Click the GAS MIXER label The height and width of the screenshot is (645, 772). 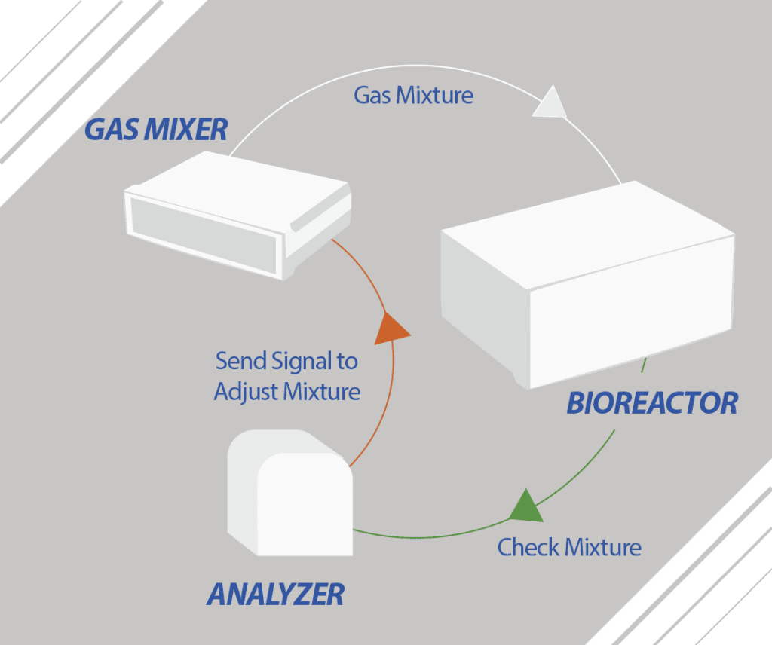(x=155, y=129)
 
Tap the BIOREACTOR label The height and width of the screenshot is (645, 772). (x=652, y=403)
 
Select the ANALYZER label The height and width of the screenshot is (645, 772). (x=275, y=595)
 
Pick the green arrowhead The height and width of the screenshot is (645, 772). (x=525, y=506)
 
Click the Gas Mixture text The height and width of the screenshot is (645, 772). (x=414, y=96)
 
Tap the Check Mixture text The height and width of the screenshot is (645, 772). (x=569, y=546)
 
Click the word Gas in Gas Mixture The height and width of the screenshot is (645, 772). (x=371, y=96)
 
